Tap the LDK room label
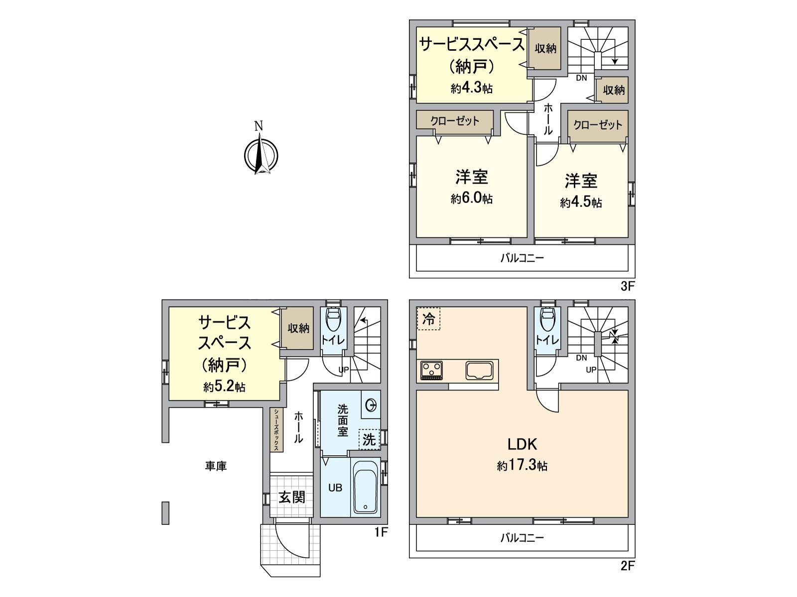coord(522,444)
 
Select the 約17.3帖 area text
coord(522,466)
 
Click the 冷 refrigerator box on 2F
coord(428,319)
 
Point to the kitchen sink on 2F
coord(480,370)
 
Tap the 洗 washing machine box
coord(369,439)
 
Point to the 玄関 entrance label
coord(292,497)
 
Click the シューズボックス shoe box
coord(276,430)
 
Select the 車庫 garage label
coord(216,466)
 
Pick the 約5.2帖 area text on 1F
coord(224,387)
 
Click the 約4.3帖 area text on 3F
coord(472,89)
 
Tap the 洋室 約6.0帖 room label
coord(472,187)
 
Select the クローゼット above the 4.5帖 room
coord(598,124)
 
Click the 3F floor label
coord(627,287)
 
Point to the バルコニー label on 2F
coord(522,538)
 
